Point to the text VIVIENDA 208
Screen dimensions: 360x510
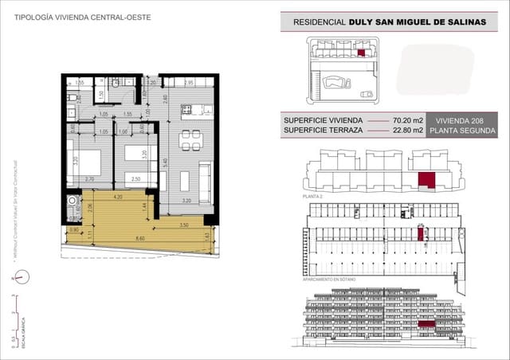point(461,119)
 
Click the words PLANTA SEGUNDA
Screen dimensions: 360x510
point(461,131)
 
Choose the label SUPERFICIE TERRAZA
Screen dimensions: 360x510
point(323,131)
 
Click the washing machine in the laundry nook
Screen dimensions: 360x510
point(73,201)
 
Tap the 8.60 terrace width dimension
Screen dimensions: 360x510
point(139,237)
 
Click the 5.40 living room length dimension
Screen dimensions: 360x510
point(165,162)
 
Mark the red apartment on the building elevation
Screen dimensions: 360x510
point(427,323)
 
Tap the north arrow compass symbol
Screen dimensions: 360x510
point(22,277)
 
